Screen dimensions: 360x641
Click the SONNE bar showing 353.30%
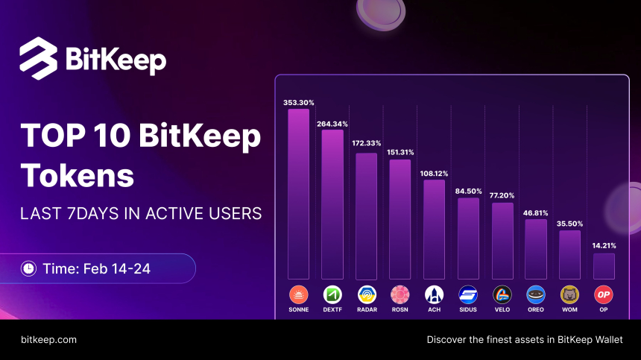pyautogui.click(x=298, y=194)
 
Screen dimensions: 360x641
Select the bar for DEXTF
pyautogui.click(x=332, y=204)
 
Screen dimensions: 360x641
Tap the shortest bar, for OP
pyautogui.click(x=604, y=266)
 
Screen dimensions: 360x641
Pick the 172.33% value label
pyautogui.click(x=366, y=142)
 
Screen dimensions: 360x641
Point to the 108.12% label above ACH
pyautogui.click(x=435, y=174)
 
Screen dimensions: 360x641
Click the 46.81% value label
pyautogui.click(x=536, y=212)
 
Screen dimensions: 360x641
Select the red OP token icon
pyautogui.click(x=604, y=294)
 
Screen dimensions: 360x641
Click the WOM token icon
pyautogui.click(x=569, y=294)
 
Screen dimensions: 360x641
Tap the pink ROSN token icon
pyautogui.click(x=400, y=294)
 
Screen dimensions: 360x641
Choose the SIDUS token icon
pyautogui.click(x=468, y=294)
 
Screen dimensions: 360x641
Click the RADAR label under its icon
pyautogui.click(x=366, y=309)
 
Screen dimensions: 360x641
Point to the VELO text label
pyautogui.click(x=502, y=309)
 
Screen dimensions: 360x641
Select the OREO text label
pyautogui.click(x=536, y=309)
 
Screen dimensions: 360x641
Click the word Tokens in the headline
pyautogui.click(x=78, y=175)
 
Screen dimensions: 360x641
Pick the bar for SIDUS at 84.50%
pyautogui.click(x=468, y=239)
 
